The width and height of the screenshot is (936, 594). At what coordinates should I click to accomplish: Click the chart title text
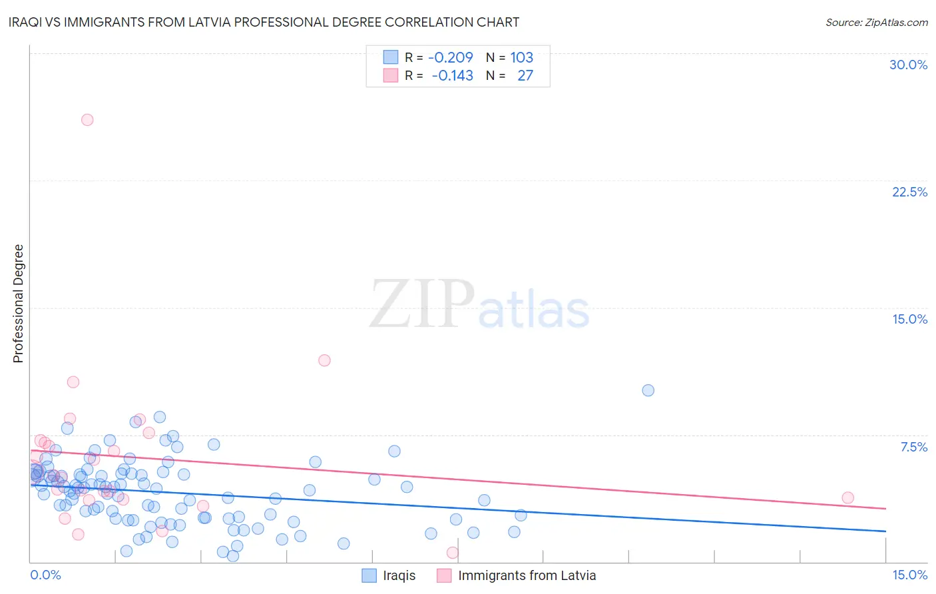(x=264, y=22)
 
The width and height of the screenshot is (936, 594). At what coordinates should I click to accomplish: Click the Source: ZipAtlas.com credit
(x=876, y=22)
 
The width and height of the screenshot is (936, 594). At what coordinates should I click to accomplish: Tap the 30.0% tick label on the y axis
(x=908, y=65)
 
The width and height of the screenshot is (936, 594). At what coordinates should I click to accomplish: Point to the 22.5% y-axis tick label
(x=909, y=192)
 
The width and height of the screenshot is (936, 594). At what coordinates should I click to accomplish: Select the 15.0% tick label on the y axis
(x=909, y=319)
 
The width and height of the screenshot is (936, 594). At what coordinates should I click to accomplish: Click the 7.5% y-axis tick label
(x=913, y=447)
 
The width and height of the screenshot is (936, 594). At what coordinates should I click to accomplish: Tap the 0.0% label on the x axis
(x=45, y=575)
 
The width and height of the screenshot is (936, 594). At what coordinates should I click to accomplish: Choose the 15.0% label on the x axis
(x=909, y=575)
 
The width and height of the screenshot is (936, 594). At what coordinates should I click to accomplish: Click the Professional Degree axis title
(x=18, y=304)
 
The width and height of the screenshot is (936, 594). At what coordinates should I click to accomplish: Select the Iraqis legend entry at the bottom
(x=399, y=575)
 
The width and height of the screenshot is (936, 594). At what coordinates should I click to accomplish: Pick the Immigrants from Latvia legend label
(x=527, y=575)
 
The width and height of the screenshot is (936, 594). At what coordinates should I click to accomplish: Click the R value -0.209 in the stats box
(x=451, y=57)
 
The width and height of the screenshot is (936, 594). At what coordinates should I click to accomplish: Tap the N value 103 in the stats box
(x=522, y=57)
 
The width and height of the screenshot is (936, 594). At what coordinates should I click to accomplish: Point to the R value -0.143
(x=453, y=76)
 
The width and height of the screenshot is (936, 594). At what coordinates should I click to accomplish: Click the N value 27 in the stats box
(x=525, y=76)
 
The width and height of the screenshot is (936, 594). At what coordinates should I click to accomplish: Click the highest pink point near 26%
(x=87, y=120)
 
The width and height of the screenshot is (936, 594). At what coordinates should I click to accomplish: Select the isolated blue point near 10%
(x=648, y=390)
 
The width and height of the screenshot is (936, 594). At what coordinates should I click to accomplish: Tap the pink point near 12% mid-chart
(x=324, y=360)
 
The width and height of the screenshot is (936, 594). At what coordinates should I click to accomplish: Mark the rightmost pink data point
(x=847, y=497)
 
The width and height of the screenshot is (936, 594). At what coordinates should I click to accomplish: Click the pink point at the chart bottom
(x=453, y=552)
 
